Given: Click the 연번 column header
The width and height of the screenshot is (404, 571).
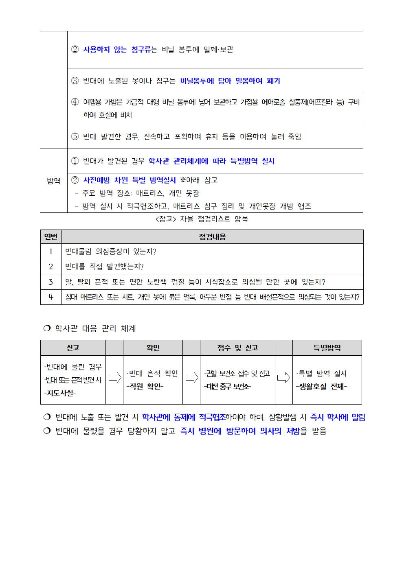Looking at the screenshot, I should (x=51, y=237).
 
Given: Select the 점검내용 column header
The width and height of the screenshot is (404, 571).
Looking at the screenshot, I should (x=212, y=237).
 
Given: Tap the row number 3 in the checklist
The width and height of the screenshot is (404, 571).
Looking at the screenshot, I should (x=51, y=282).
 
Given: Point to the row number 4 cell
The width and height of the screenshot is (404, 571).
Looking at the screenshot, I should (x=51, y=297).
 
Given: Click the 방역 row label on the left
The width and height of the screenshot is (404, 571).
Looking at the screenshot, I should (x=53, y=181).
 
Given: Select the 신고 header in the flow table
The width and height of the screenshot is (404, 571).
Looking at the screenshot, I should (x=73, y=348).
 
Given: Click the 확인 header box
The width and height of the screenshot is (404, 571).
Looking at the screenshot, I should (x=153, y=348).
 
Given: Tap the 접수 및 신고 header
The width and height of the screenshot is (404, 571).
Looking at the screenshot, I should (x=237, y=348).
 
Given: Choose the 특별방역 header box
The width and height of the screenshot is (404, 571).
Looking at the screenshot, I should (x=327, y=348).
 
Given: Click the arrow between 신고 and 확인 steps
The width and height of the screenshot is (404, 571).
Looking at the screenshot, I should (x=114, y=378).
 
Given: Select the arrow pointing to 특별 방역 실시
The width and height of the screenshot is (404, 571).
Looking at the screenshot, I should (x=283, y=378).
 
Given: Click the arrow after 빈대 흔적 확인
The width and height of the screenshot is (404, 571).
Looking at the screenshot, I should (x=191, y=378).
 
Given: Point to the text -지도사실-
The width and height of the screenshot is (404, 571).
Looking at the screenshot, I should (x=60, y=393).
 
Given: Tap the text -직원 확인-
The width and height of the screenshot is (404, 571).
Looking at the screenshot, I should (x=145, y=386).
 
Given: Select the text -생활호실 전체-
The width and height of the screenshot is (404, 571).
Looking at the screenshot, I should (x=321, y=386).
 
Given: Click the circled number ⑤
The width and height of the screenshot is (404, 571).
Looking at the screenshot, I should (x=75, y=137).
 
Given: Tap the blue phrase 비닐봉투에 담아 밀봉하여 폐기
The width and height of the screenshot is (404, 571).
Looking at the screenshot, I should (x=230, y=81).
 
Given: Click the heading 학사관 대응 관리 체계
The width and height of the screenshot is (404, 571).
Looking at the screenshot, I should (x=95, y=328).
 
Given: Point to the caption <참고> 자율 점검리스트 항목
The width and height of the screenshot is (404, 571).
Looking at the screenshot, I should (x=202, y=219).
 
